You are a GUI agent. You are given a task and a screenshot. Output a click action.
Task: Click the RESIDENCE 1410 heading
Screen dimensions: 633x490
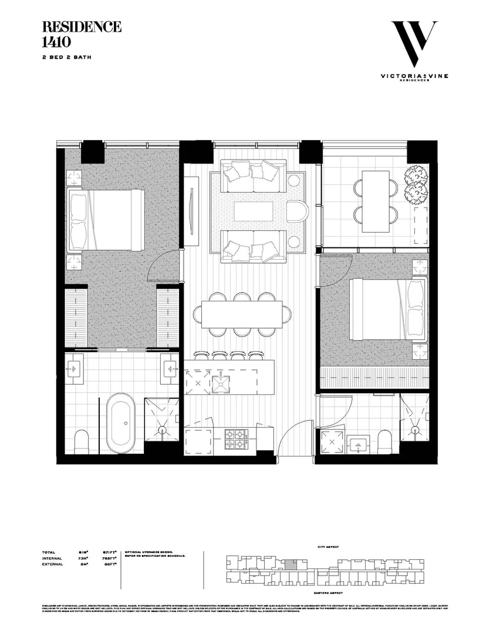point(81,34)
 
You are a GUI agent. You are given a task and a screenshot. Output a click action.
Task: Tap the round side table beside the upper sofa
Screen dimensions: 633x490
point(295,179)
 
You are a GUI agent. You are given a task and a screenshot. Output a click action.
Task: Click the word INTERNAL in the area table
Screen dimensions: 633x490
point(53,559)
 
